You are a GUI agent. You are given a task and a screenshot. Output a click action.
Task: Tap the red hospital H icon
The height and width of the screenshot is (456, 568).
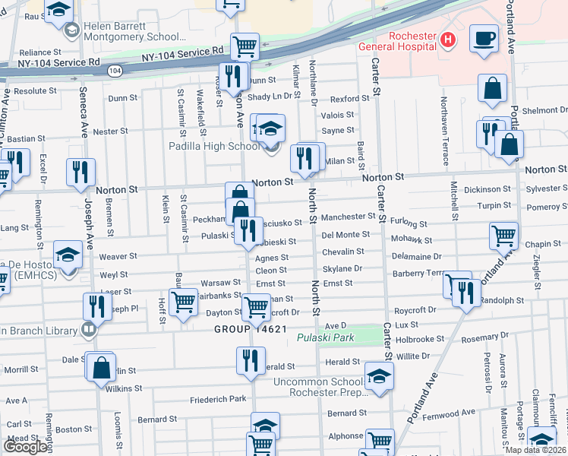point(449,40)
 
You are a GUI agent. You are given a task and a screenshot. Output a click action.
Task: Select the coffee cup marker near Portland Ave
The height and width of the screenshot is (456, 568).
point(484,38)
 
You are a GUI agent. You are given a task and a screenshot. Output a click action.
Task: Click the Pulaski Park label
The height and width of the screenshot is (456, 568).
point(326,337)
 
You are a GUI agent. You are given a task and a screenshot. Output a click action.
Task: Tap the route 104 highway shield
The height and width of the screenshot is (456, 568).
point(115,71)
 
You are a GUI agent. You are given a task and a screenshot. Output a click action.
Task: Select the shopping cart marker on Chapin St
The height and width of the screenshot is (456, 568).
point(503,235)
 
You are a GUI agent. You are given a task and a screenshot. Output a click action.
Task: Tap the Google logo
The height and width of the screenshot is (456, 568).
point(25,447)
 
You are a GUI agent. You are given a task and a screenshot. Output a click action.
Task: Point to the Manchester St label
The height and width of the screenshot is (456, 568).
point(348,217)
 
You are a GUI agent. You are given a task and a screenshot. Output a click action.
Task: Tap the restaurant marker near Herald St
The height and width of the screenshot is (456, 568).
point(251,360)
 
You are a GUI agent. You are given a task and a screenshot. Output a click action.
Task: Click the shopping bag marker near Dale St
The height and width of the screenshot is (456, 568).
point(101,368)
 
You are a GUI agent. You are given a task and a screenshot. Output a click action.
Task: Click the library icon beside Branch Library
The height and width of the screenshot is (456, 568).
point(90,330)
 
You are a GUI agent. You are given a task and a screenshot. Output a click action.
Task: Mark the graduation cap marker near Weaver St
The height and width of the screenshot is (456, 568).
point(68,255)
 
